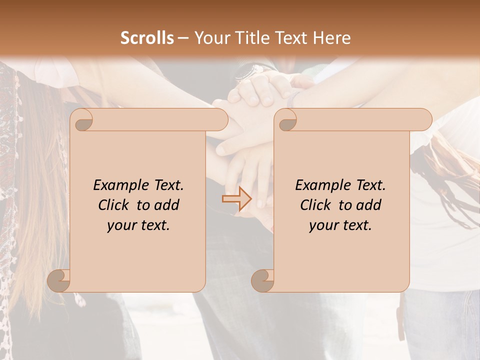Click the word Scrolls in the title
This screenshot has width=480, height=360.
pyautogui.click(x=147, y=38)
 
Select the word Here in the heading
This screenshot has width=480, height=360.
pyautogui.click(x=332, y=38)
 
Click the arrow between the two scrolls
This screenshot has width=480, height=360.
pyautogui.click(x=236, y=198)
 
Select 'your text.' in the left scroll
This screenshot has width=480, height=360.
pyautogui.click(x=138, y=225)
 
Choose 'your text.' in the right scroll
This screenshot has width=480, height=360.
pyautogui.click(x=340, y=225)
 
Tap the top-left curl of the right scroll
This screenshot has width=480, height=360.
pyautogui.click(x=286, y=120)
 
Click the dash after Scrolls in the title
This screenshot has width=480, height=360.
pyautogui.click(x=183, y=38)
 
